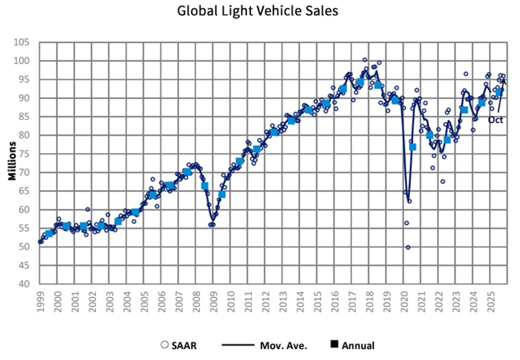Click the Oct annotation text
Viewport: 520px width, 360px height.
click(x=495, y=120)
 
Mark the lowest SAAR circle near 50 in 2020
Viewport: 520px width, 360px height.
click(x=408, y=247)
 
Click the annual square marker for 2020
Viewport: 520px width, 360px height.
click(x=412, y=147)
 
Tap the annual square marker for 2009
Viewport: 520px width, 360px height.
click(x=222, y=194)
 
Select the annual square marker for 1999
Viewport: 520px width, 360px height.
click(x=50, y=233)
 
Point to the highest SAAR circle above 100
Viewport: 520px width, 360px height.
click(x=365, y=60)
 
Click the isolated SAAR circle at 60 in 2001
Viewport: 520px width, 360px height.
click(x=88, y=209)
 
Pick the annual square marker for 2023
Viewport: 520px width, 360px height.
click(x=465, y=110)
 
